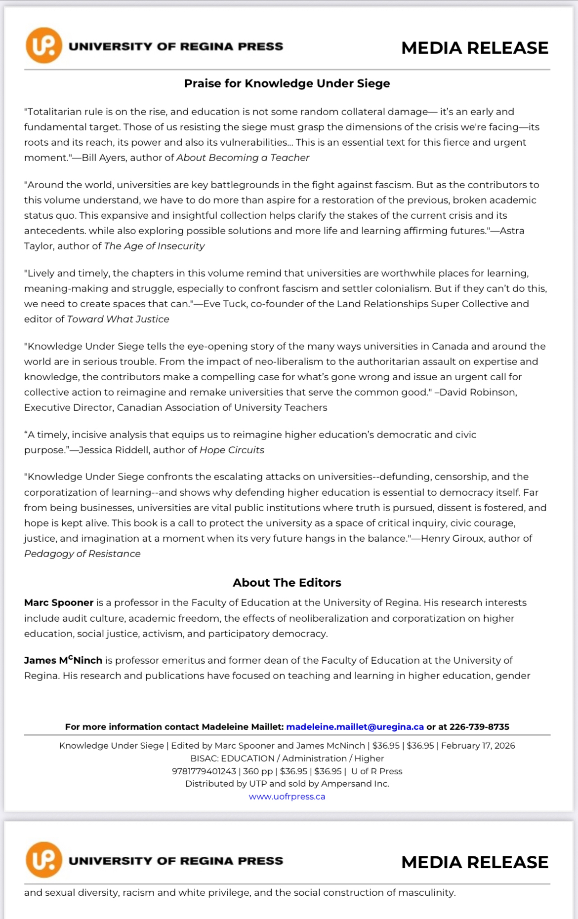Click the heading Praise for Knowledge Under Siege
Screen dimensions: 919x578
click(x=287, y=83)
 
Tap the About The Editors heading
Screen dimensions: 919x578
click(x=287, y=583)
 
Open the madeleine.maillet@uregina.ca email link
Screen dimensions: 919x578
click(x=355, y=727)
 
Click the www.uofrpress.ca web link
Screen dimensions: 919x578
click(x=287, y=797)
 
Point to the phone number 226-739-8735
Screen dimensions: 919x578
click(x=479, y=727)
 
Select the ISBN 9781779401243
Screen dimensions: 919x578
click(x=204, y=771)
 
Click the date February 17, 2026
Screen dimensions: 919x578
click(x=478, y=746)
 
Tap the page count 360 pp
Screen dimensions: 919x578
click(x=258, y=771)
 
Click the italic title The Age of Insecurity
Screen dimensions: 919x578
click(x=154, y=246)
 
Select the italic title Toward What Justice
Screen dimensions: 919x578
click(x=118, y=319)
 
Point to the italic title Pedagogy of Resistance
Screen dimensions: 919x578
click(x=83, y=554)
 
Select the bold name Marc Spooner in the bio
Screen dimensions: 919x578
click(x=59, y=602)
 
